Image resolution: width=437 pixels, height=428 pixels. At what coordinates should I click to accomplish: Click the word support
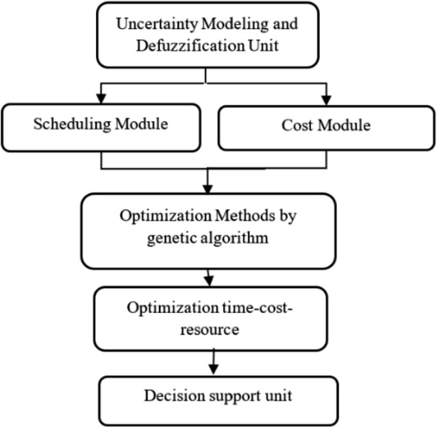tap(221, 396)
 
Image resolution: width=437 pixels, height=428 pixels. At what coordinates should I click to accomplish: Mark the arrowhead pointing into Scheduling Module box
tap(101, 99)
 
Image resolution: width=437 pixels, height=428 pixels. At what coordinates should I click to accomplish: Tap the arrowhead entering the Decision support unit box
tap(213, 370)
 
